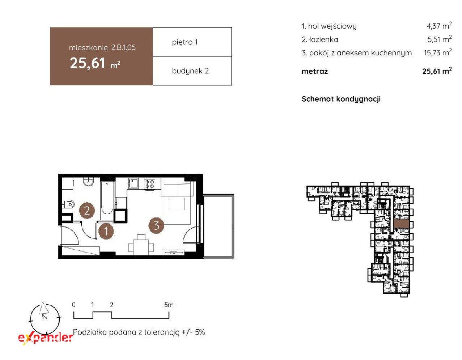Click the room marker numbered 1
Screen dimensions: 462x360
pyautogui.click(x=106, y=231)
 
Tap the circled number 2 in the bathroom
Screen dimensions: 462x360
pyautogui.click(x=87, y=211)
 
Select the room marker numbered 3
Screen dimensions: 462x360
pyautogui.click(x=156, y=225)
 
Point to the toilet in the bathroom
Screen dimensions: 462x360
pyautogui.click(x=69, y=204)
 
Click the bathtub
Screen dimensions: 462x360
pyautogui.click(x=107, y=198)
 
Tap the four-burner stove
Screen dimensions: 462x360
pyautogui.click(x=150, y=184)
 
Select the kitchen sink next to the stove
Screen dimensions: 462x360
pyautogui.click(x=133, y=183)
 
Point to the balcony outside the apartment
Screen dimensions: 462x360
pyautogui.click(x=219, y=226)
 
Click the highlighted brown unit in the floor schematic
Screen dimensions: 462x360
pyautogui.click(x=401, y=224)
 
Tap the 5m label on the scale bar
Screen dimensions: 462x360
pyautogui.click(x=169, y=305)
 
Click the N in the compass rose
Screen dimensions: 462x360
pyautogui.click(x=44, y=317)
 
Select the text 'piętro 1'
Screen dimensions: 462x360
pyautogui.click(x=185, y=42)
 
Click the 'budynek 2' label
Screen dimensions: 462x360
pyautogui.click(x=190, y=71)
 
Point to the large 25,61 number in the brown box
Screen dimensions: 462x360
pyautogui.click(x=88, y=63)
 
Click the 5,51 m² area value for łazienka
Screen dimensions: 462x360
pyautogui.click(x=440, y=39)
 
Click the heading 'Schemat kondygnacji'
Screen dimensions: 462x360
pyautogui.click(x=341, y=99)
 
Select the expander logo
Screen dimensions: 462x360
pyautogui.click(x=46, y=338)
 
